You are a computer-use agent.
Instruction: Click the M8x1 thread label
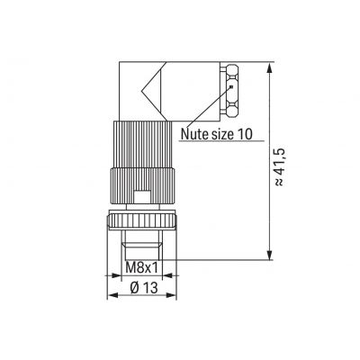pyautogui.click(x=141, y=267)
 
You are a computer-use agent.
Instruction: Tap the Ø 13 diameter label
pyautogui.click(x=144, y=288)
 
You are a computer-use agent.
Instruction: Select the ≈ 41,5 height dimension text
pyautogui.click(x=278, y=166)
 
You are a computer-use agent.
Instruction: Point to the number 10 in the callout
pyautogui.click(x=246, y=134)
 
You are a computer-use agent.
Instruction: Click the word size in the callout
pyautogui.click(x=223, y=134)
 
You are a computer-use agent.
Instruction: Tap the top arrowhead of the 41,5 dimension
pyautogui.click(x=270, y=67)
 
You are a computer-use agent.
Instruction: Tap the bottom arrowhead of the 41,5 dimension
pyautogui.click(x=270, y=255)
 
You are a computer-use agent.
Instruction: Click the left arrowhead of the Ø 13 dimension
pyautogui.click(x=112, y=295)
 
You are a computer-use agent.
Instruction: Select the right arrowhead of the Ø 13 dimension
pyautogui.click(x=171, y=295)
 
